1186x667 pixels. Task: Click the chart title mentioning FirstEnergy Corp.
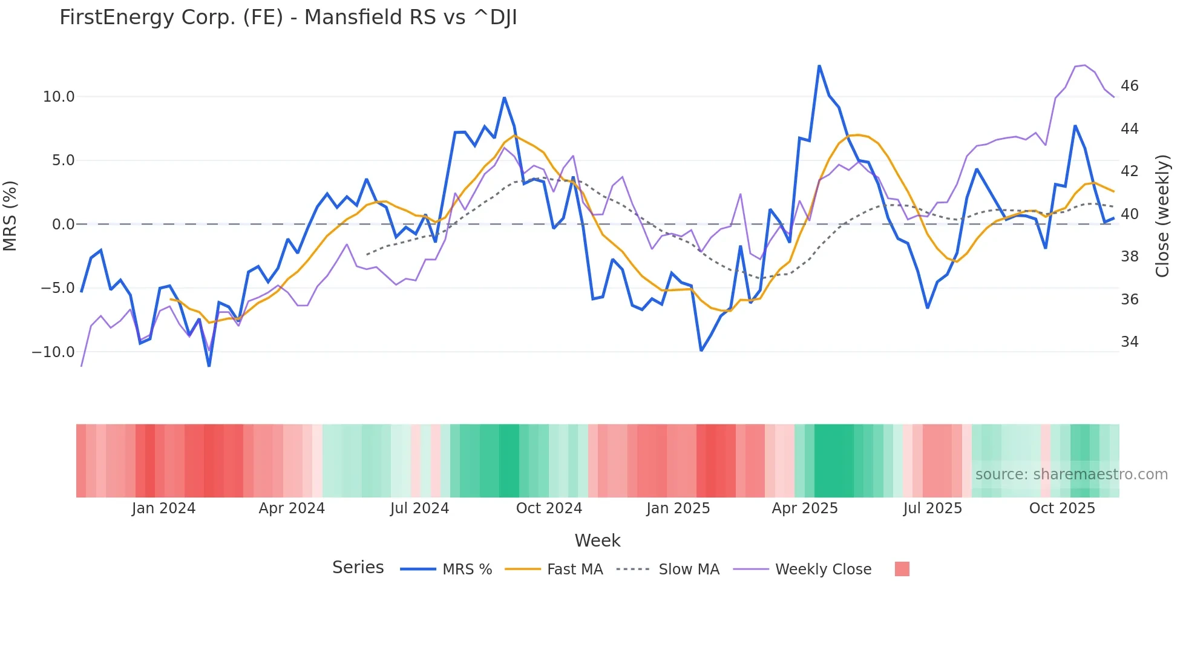coord(288,18)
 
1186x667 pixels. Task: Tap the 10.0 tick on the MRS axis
coord(59,97)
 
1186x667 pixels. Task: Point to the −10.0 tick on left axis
coord(53,352)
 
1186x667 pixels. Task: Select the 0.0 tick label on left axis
coord(63,225)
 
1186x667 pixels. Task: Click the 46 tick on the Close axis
coord(1129,86)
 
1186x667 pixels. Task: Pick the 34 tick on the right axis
coord(1129,342)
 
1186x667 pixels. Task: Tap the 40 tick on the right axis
coord(1129,214)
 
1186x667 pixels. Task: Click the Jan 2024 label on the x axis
coord(163,508)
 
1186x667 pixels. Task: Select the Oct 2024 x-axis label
coord(549,508)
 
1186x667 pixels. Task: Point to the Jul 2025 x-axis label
coord(932,508)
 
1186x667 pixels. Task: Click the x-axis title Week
coord(597,540)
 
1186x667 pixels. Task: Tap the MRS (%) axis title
coord(10,215)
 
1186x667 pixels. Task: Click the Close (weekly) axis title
coord(1162,215)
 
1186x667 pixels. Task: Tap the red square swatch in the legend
coord(902,569)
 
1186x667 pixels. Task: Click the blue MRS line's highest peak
coord(819,66)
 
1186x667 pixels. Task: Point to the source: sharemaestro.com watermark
coord(1071,475)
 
